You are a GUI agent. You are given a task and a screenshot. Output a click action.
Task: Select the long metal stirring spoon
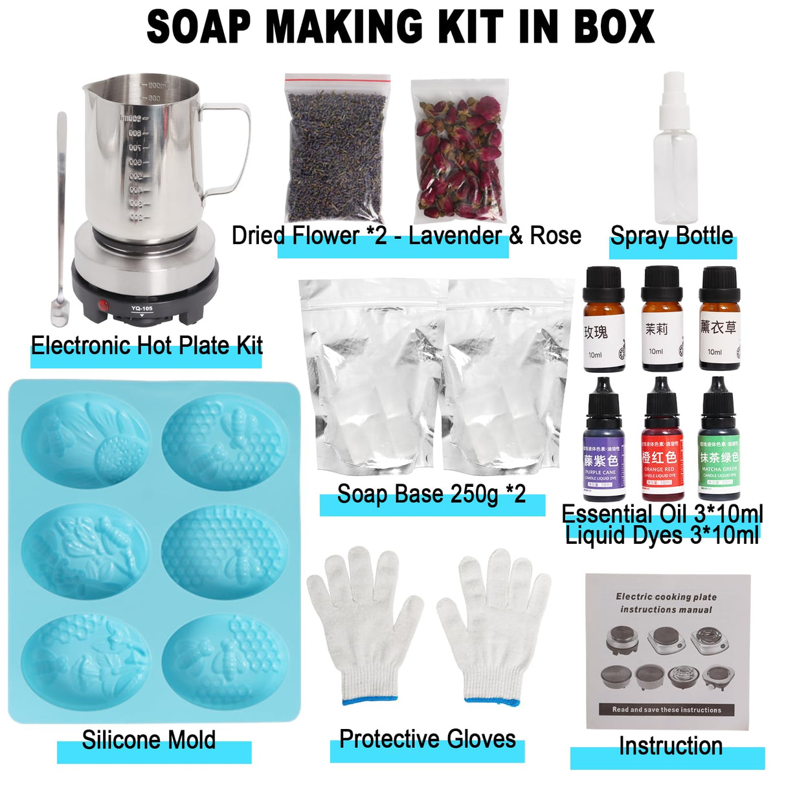[61, 220]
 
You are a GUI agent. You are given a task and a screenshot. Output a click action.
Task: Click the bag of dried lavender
[337, 152]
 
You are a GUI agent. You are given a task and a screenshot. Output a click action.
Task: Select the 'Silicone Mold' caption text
[149, 739]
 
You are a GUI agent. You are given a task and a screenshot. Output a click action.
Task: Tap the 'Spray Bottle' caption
[671, 236]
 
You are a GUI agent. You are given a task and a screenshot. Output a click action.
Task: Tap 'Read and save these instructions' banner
[666, 710]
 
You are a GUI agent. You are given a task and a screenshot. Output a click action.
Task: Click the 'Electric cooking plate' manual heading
[666, 597]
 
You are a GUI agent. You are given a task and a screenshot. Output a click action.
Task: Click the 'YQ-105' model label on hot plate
[141, 308]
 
